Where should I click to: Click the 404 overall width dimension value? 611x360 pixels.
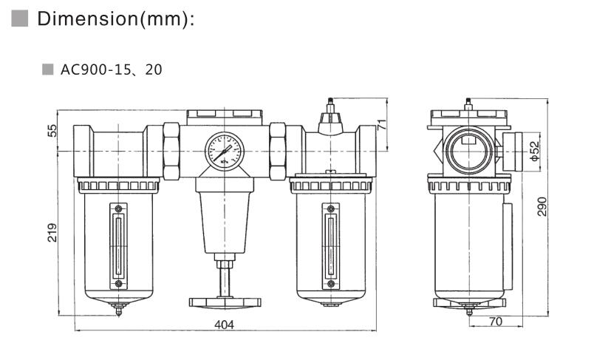[x=225, y=325]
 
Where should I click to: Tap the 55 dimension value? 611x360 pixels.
[x=52, y=130]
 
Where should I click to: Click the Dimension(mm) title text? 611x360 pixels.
[x=116, y=18]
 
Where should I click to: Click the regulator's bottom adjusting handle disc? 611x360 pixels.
[x=225, y=302]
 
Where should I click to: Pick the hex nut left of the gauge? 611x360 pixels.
[x=171, y=151]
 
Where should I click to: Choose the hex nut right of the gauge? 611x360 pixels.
[x=278, y=151]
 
